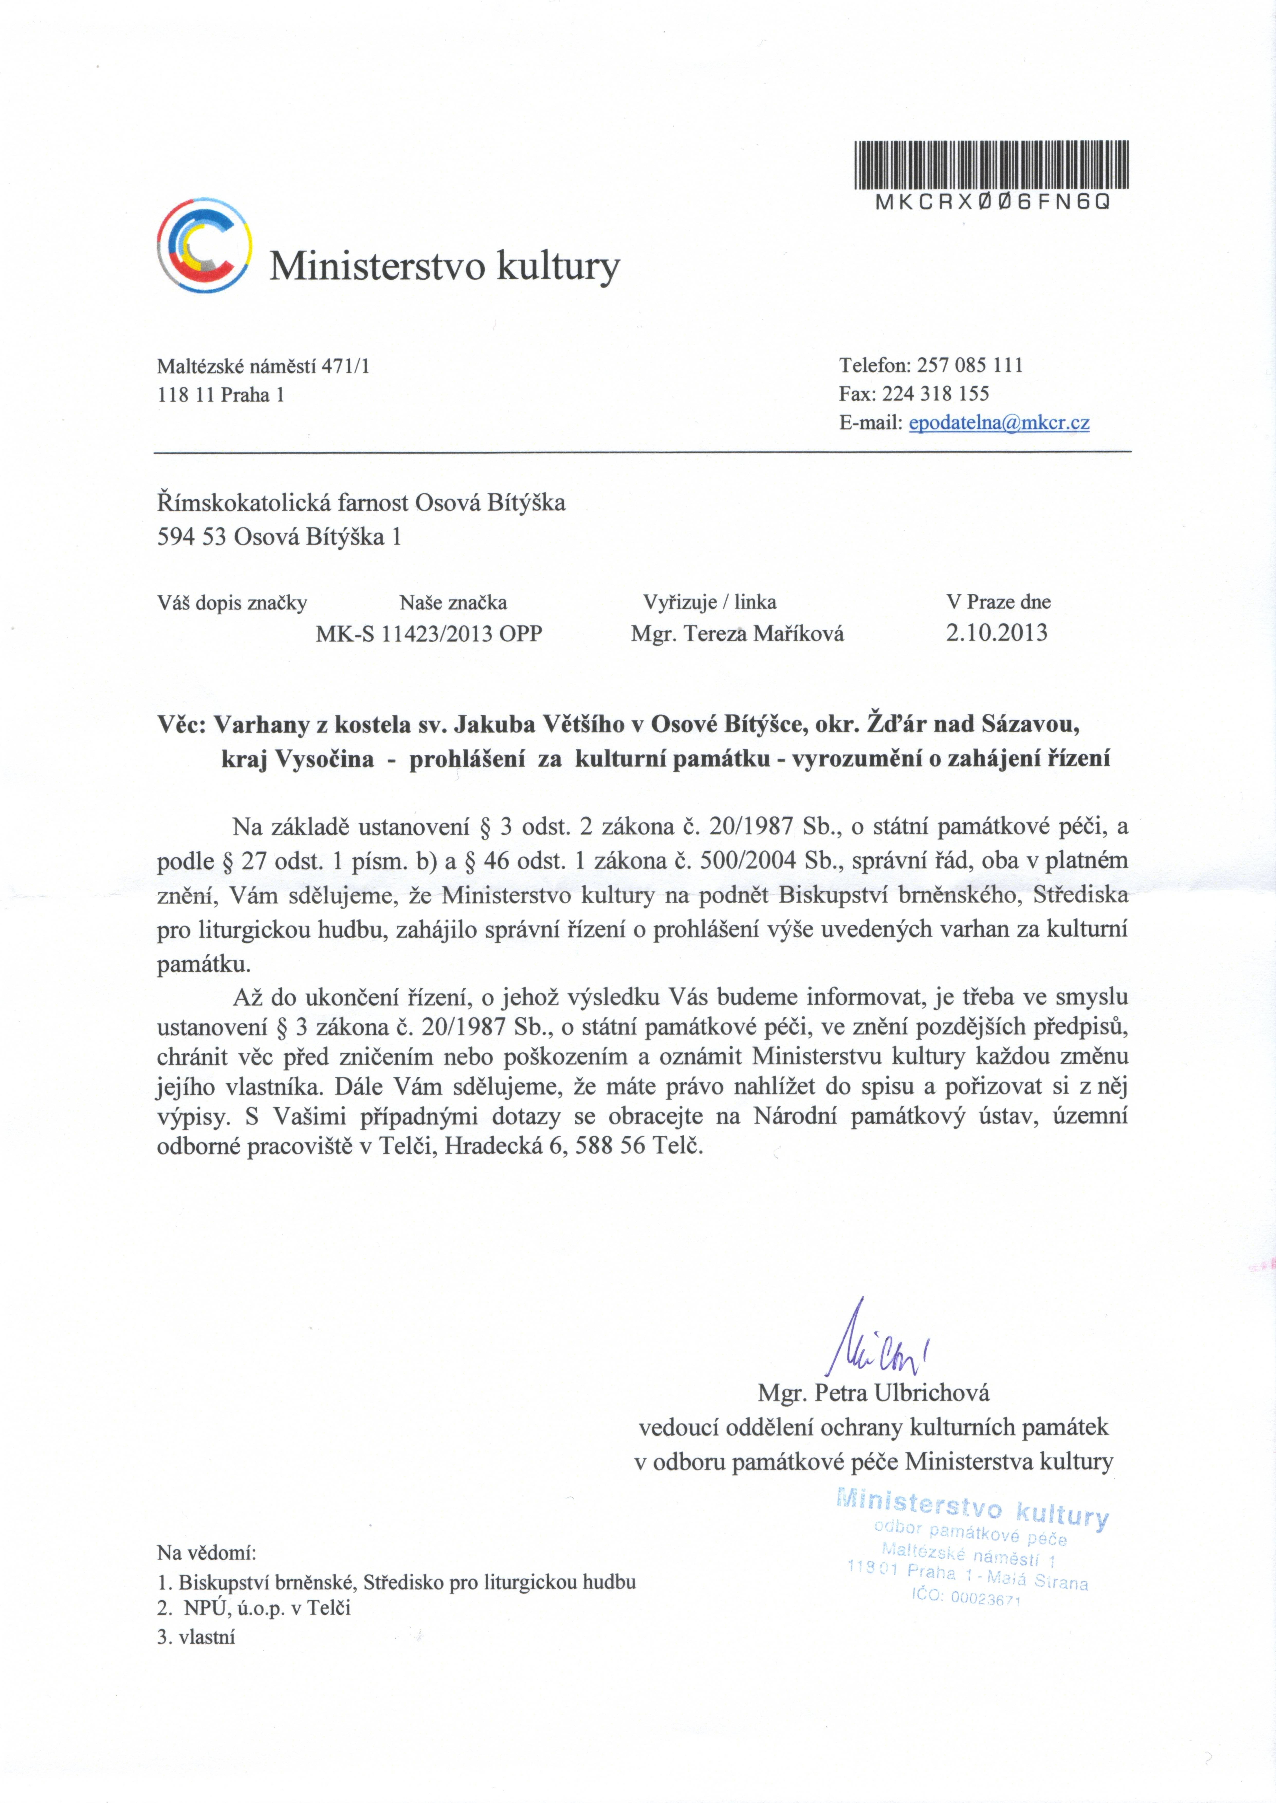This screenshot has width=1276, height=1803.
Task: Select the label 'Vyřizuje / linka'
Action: [x=710, y=603]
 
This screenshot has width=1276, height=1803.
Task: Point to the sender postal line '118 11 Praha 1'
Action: [x=221, y=394]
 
